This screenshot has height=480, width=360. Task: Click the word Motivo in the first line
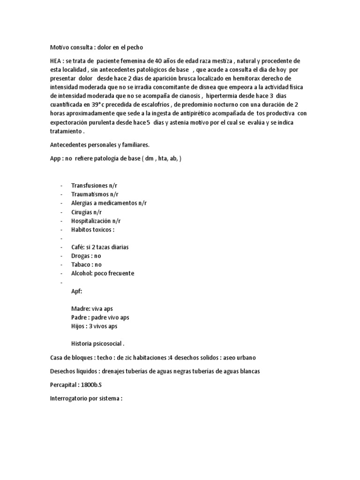click(60, 47)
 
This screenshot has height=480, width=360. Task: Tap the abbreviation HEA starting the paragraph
click(56, 61)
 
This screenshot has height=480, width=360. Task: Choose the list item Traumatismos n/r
click(95, 194)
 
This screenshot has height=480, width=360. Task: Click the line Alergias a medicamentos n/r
click(109, 203)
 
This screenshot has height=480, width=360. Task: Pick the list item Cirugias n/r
click(86, 212)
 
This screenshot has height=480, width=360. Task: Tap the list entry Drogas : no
click(86, 256)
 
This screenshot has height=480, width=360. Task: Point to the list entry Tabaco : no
click(86, 265)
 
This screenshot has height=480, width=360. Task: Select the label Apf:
click(76, 291)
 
